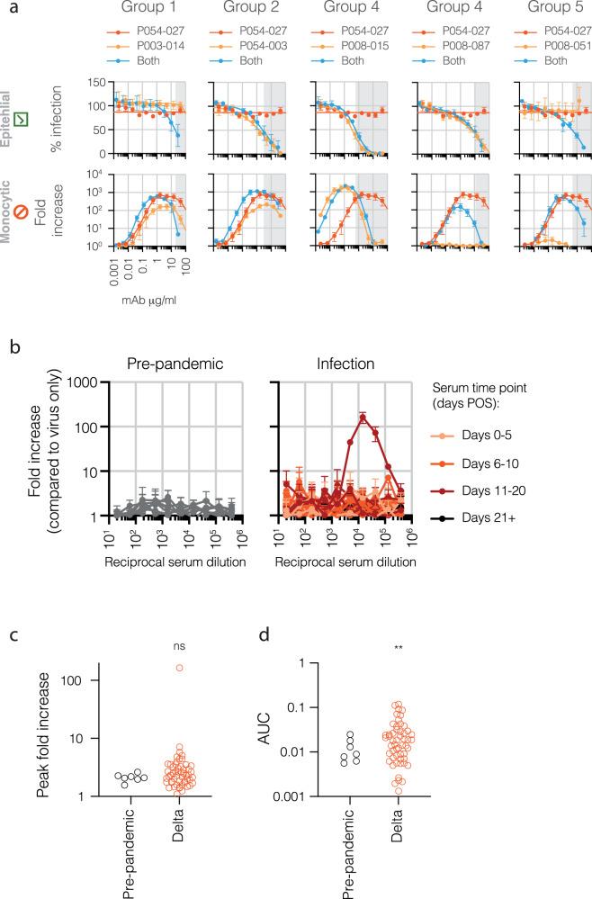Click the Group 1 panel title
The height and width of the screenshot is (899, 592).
(148, 13)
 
